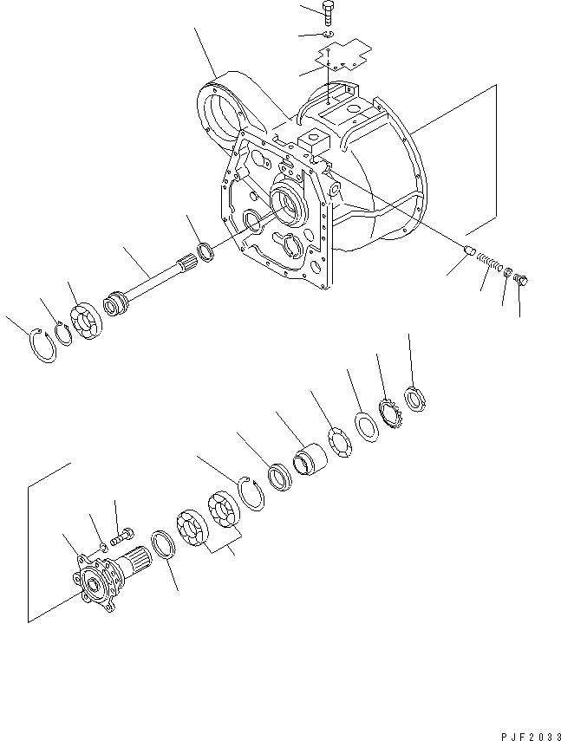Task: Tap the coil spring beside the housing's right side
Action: click(x=492, y=263)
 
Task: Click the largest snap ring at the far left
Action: click(x=42, y=345)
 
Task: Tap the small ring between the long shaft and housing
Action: click(x=207, y=253)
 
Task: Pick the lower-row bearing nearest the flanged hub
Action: click(x=192, y=530)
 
